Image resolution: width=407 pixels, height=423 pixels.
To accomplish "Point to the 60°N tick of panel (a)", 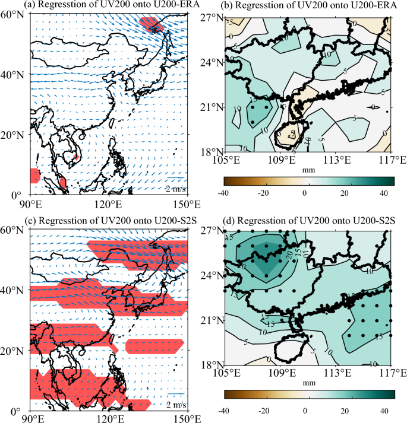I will (16, 15).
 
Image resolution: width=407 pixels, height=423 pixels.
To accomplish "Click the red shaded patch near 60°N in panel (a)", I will (150, 24).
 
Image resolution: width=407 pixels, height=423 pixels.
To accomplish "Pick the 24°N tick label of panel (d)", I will (213, 276).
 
